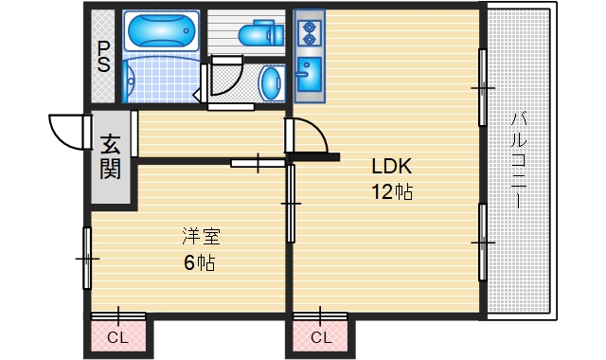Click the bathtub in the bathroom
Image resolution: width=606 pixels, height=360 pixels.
[159, 31]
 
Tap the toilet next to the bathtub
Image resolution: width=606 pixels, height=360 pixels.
[259, 36]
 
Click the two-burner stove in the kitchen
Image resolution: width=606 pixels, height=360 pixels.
[310, 33]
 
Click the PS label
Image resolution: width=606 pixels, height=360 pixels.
[103, 59]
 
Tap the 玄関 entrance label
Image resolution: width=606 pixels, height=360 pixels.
[111, 158]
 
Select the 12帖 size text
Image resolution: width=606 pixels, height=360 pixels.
[391, 192]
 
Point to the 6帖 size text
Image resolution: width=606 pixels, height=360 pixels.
[199, 262]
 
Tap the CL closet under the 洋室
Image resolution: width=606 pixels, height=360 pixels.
[117, 335]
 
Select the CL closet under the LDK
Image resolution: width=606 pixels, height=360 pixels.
[320, 335]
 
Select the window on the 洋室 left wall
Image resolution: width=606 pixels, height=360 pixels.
[87, 258]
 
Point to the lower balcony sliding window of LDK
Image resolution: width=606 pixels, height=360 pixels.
[483, 242]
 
